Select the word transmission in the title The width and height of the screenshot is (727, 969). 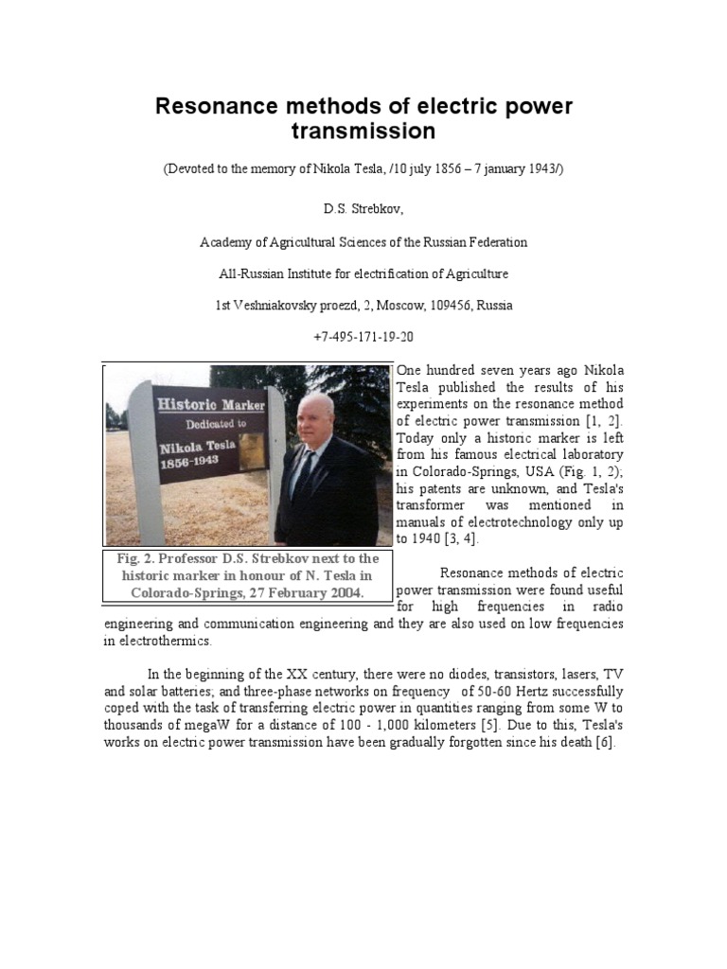click(363, 131)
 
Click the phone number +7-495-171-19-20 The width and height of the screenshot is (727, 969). click(363, 337)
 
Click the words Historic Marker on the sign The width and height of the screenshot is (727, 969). click(210, 404)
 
